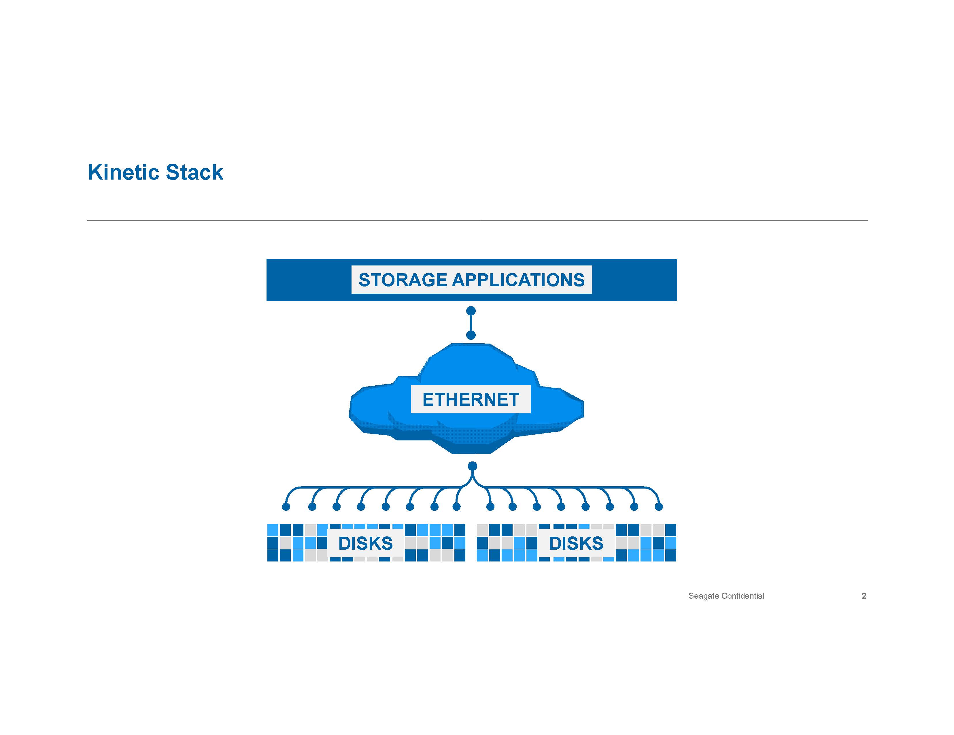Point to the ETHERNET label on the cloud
coord(471,399)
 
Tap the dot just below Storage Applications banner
coord(471,311)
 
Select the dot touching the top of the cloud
coord(471,335)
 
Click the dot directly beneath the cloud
coord(472,466)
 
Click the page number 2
coord(864,595)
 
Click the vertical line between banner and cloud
coord(471,323)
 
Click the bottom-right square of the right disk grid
coord(670,555)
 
